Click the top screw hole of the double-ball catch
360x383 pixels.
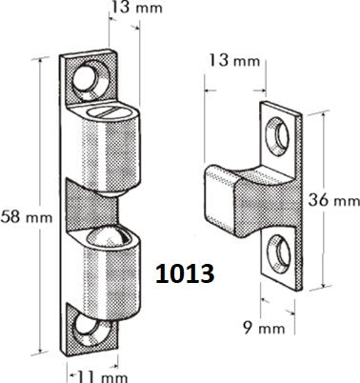pyautogui.click(x=91, y=76)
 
